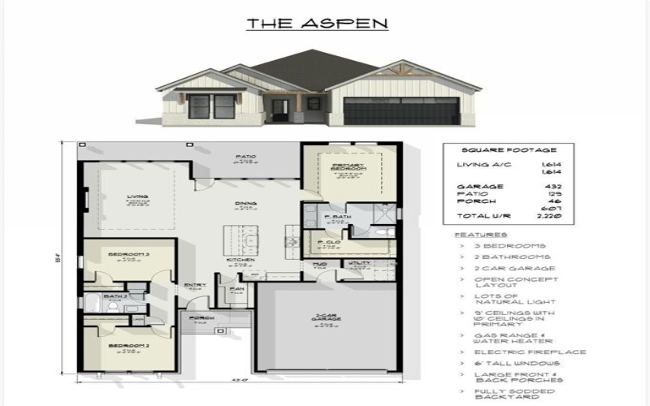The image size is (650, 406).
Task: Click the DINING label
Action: click(x=245, y=203)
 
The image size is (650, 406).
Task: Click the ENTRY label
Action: click(x=195, y=284)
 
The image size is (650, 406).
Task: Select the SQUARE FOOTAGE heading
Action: click(x=497, y=150)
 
